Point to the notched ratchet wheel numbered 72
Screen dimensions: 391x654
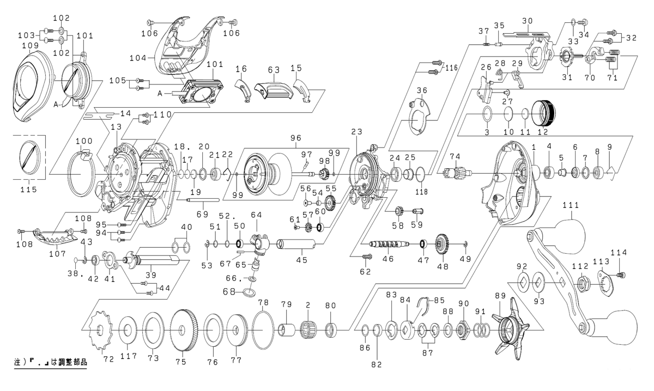[x=101, y=329]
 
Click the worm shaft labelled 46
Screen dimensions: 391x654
[x=388, y=243]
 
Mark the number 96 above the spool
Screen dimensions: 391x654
[x=296, y=138]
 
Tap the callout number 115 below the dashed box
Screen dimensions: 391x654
[x=28, y=190]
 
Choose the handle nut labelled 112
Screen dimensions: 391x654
[x=582, y=282]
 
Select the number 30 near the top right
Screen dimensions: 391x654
[x=526, y=21]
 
